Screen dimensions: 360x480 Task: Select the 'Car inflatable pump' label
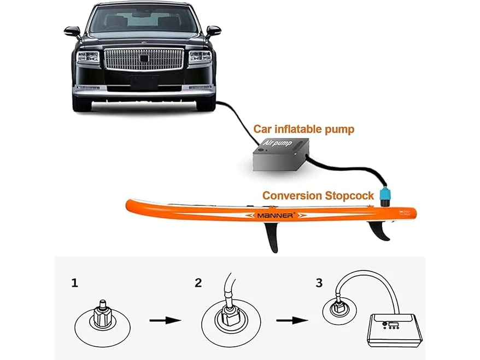coord(303,129)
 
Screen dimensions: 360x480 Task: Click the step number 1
coord(75,283)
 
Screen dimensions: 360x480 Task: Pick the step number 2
coord(198,282)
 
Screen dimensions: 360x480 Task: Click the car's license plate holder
coord(144,81)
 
